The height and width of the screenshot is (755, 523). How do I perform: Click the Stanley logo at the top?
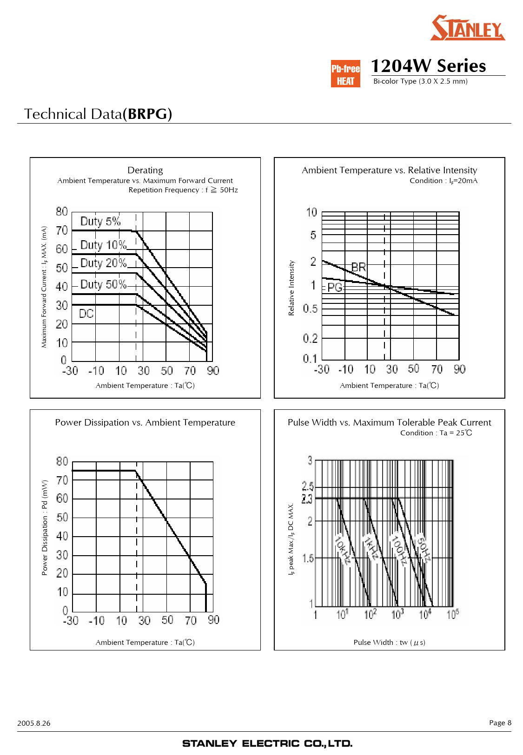tap(467, 28)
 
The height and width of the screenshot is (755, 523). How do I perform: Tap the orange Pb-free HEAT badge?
tap(345, 74)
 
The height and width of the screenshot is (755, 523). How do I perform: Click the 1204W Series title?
tap(428, 66)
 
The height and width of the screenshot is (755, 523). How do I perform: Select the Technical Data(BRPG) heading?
tap(98, 114)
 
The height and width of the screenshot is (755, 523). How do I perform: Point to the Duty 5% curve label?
tap(100, 221)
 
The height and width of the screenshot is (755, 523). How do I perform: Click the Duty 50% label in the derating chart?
tap(103, 284)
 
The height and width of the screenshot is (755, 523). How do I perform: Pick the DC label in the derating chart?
tap(86, 314)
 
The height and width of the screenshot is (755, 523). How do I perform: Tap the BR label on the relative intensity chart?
tap(358, 267)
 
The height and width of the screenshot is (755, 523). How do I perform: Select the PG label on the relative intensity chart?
tap(335, 288)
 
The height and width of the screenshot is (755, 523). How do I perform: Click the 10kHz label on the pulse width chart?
tap(343, 550)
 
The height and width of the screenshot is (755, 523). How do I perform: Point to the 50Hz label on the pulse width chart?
tap(424, 550)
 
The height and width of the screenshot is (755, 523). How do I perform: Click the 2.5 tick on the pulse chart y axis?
tap(308, 486)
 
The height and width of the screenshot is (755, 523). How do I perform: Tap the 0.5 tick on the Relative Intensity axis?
tap(310, 309)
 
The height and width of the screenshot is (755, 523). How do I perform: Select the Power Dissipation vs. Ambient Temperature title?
tap(145, 422)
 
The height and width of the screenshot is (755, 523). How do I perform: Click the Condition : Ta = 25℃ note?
tap(436, 433)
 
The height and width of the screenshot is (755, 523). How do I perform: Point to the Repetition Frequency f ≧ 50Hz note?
tap(183, 190)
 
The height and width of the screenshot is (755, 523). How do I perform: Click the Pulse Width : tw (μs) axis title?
tap(389, 642)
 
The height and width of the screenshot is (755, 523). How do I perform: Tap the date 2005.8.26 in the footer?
tap(34, 723)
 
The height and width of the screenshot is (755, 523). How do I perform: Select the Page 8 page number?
tap(500, 722)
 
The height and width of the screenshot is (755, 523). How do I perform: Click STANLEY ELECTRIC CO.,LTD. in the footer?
tap(267, 743)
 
